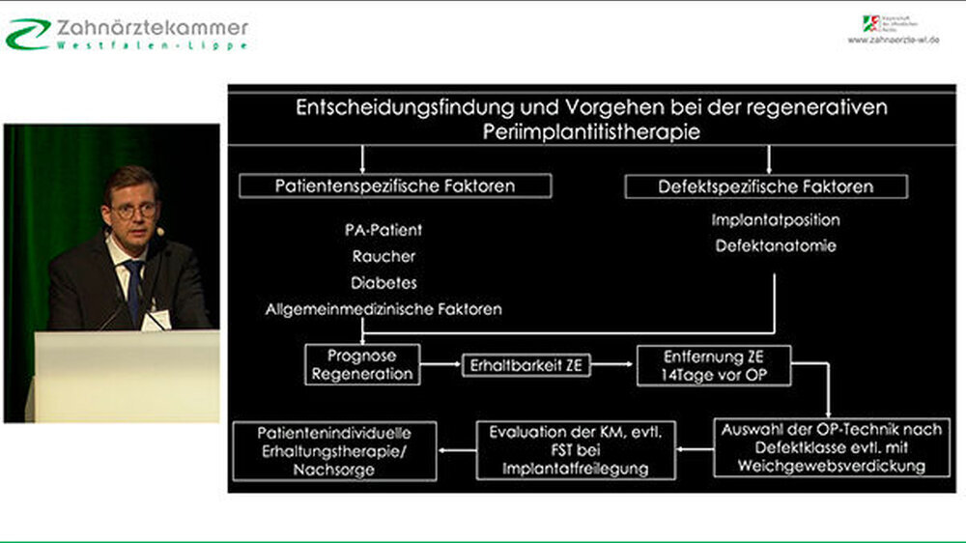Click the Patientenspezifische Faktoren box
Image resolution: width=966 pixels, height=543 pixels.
pyautogui.click(x=395, y=186)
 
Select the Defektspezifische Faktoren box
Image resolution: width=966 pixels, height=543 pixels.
pyautogui.click(x=766, y=186)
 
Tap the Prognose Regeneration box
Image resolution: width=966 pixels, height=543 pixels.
pyautogui.click(x=362, y=364)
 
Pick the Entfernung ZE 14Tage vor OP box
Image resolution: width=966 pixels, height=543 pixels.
pyautogui.click(x=714, y=364)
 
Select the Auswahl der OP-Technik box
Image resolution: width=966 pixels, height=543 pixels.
pyautogui.click(x=832, y=447)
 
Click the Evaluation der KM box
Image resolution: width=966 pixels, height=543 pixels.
pyautogui.click(x=576, y=450)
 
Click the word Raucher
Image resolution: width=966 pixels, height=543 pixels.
pyautogui.click(x=384, y=257)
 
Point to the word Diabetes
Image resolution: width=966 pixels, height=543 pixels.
pyautogui.click(x=384, y=283)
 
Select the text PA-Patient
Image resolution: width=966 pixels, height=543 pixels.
pyautogui.click(x=384, y=231)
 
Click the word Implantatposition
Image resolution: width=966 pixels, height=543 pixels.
pyautogui.click(x=776, y=220)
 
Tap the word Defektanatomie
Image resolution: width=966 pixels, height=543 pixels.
pyautogui.click(x=776, y=246)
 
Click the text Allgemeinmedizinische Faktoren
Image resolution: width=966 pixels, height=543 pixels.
pyautogui.click(x=384, y=310)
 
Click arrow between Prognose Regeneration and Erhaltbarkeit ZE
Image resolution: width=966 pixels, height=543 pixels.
pyautogui.click(x=441, y=365)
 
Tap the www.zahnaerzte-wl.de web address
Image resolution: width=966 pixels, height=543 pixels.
pyautogui.click(x=894, y=41)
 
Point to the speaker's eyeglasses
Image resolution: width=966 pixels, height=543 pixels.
pyautogui.click(x=134, y=210)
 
